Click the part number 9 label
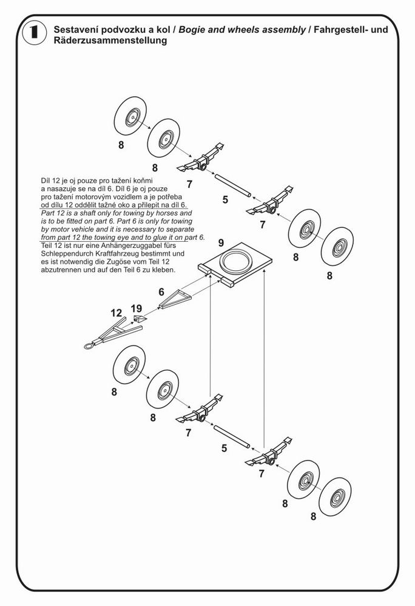pos(221,244)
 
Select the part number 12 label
pos(116,313)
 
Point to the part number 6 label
pos(161,291)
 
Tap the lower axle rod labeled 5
pos(232,436)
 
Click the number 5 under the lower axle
pos(224,448)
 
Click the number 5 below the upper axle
pos(225,199)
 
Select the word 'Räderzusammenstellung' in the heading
pos(110,41)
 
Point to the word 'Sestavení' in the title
pos(76,30)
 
